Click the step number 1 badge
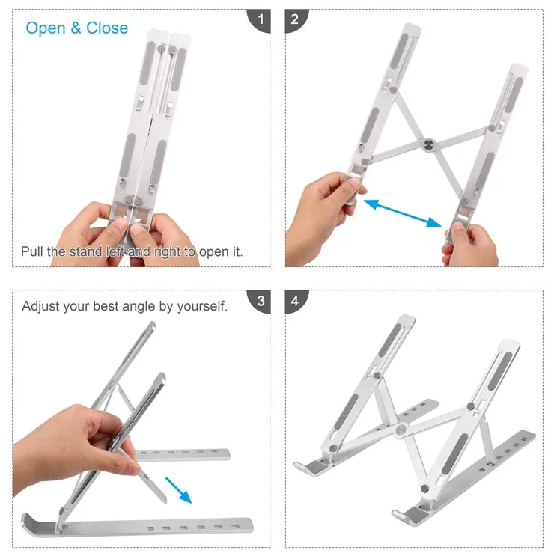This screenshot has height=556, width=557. coord(260,20)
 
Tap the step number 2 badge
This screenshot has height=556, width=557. coord(296,20)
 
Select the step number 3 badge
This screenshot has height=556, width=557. coord(260,301)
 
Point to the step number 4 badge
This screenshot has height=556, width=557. coord(296,301)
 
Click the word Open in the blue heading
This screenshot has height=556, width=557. coord(46,28)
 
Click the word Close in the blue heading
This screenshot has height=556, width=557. coord(107,28)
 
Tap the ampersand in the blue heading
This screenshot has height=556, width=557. coord(76,28)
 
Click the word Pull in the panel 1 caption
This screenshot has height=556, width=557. coord(32,251)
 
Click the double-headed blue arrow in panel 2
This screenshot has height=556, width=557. coord(402,213)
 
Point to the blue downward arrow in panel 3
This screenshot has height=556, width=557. coord(179,490)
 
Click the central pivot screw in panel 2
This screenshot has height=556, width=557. coord(428,144)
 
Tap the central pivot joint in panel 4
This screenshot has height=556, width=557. coord(401,430)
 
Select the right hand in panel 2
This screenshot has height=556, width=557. coord(469,245)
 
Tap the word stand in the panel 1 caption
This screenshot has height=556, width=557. coord(85,251)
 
